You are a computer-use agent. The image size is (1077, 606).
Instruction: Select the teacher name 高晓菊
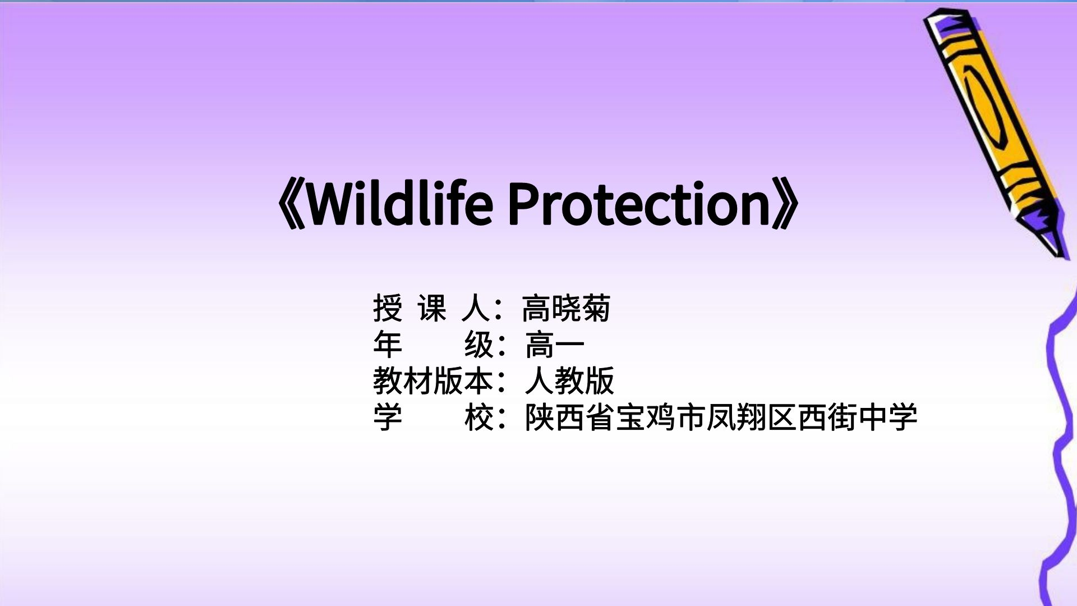(566, 308)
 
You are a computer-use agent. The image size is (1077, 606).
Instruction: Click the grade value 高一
(555, 345)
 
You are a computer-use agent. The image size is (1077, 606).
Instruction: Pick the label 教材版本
(432, 381)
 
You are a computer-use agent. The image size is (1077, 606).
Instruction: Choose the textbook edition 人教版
(569, 381)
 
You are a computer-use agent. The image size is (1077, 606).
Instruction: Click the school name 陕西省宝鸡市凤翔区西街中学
(721, 417)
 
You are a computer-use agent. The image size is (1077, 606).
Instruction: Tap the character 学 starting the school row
(388, 417)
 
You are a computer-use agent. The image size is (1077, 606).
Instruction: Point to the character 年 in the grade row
(388, 345)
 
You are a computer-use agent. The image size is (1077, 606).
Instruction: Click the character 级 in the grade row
(479, 345)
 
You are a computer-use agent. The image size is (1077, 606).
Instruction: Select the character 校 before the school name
(479, 417)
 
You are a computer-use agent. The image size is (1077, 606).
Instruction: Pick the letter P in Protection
(522, 205)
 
